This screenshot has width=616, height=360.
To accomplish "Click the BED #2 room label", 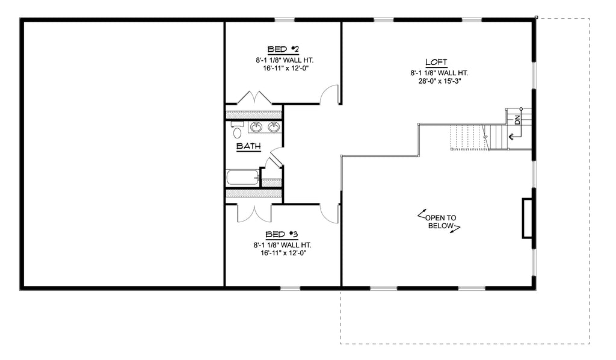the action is [x=283, y=49].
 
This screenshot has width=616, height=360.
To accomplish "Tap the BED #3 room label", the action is [x=282, y=235].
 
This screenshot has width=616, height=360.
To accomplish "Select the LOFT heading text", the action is [x=437, y=62].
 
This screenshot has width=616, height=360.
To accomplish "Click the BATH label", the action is [x=248, y=146].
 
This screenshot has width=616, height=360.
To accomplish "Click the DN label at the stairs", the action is [x=517, y=120].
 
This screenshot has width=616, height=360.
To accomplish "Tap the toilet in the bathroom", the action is [x=237, y=131].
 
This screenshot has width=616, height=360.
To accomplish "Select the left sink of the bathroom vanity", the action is [x=256, y=126].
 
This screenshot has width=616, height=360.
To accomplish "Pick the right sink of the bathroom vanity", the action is [x=274, y=126].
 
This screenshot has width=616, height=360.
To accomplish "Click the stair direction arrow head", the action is [x=511, y=137].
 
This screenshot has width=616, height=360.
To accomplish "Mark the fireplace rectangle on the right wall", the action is [x=527, y=218].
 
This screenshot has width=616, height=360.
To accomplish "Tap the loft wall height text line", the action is [x=439, y=73].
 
